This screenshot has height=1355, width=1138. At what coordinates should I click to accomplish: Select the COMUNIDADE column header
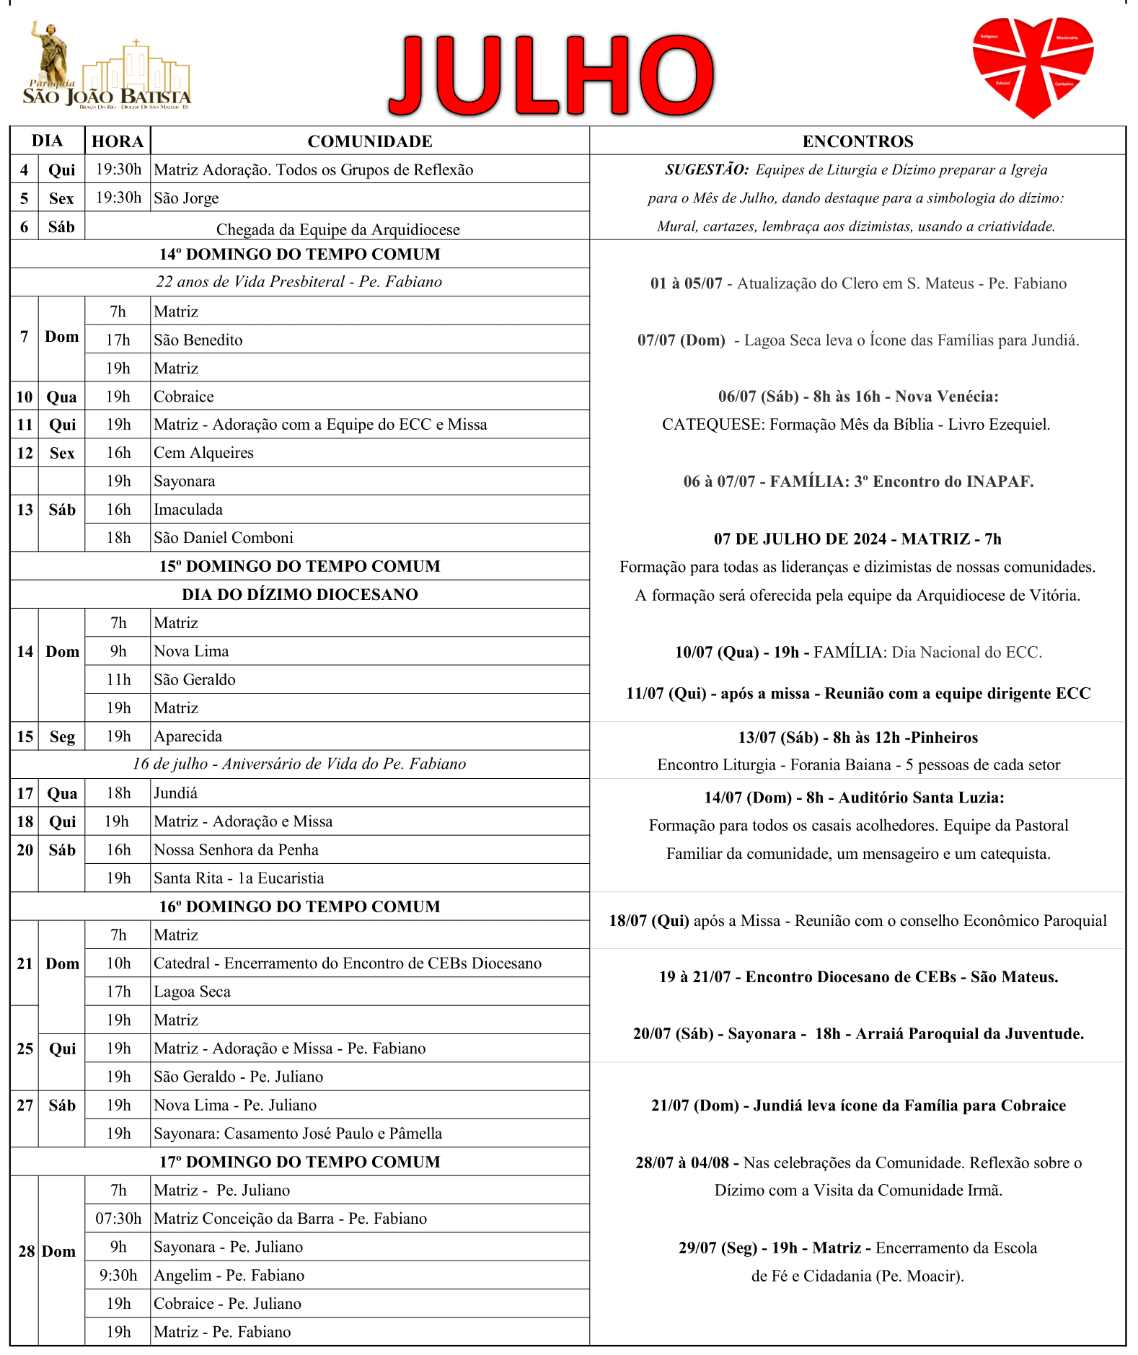(370, 141)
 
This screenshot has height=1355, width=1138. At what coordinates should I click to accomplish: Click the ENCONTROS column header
(857, 141)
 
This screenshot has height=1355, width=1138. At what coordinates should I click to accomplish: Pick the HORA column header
(118, 141)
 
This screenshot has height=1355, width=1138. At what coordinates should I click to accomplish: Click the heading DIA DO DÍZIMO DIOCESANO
(300, 595)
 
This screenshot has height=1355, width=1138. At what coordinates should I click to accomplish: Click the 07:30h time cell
(118, 1219)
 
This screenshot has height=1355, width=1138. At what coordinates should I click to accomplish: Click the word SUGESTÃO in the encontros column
(707, 170)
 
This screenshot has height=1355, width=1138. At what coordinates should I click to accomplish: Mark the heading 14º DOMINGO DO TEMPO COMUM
(300, 255)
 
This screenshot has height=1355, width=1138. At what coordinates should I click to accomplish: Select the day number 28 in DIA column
(27, 1251)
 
